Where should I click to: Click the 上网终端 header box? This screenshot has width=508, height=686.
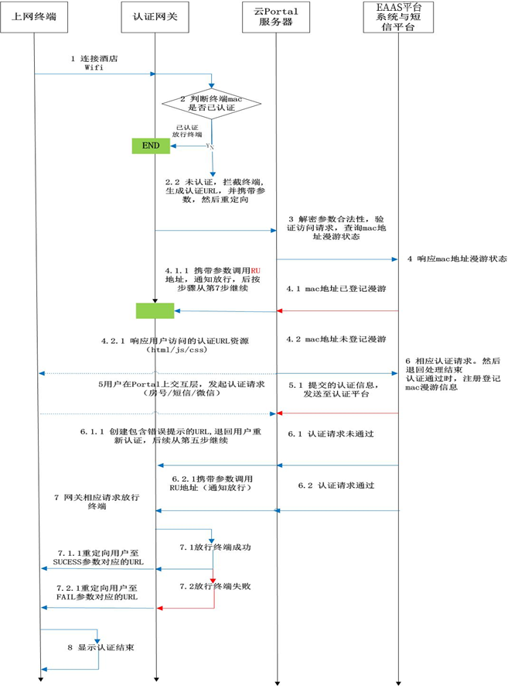click(x=34, y=15)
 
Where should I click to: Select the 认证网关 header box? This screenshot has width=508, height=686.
click(x=155, y=15)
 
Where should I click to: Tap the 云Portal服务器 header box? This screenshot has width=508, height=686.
click(x=276, y=15)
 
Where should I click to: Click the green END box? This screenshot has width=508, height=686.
click(x=152, y=145)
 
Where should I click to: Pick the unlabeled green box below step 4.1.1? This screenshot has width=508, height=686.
click(x=155, y=310)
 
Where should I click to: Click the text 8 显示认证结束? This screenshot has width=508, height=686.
click(x=101, y=647)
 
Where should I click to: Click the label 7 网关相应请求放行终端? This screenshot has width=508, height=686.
click(x=86, y=500)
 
